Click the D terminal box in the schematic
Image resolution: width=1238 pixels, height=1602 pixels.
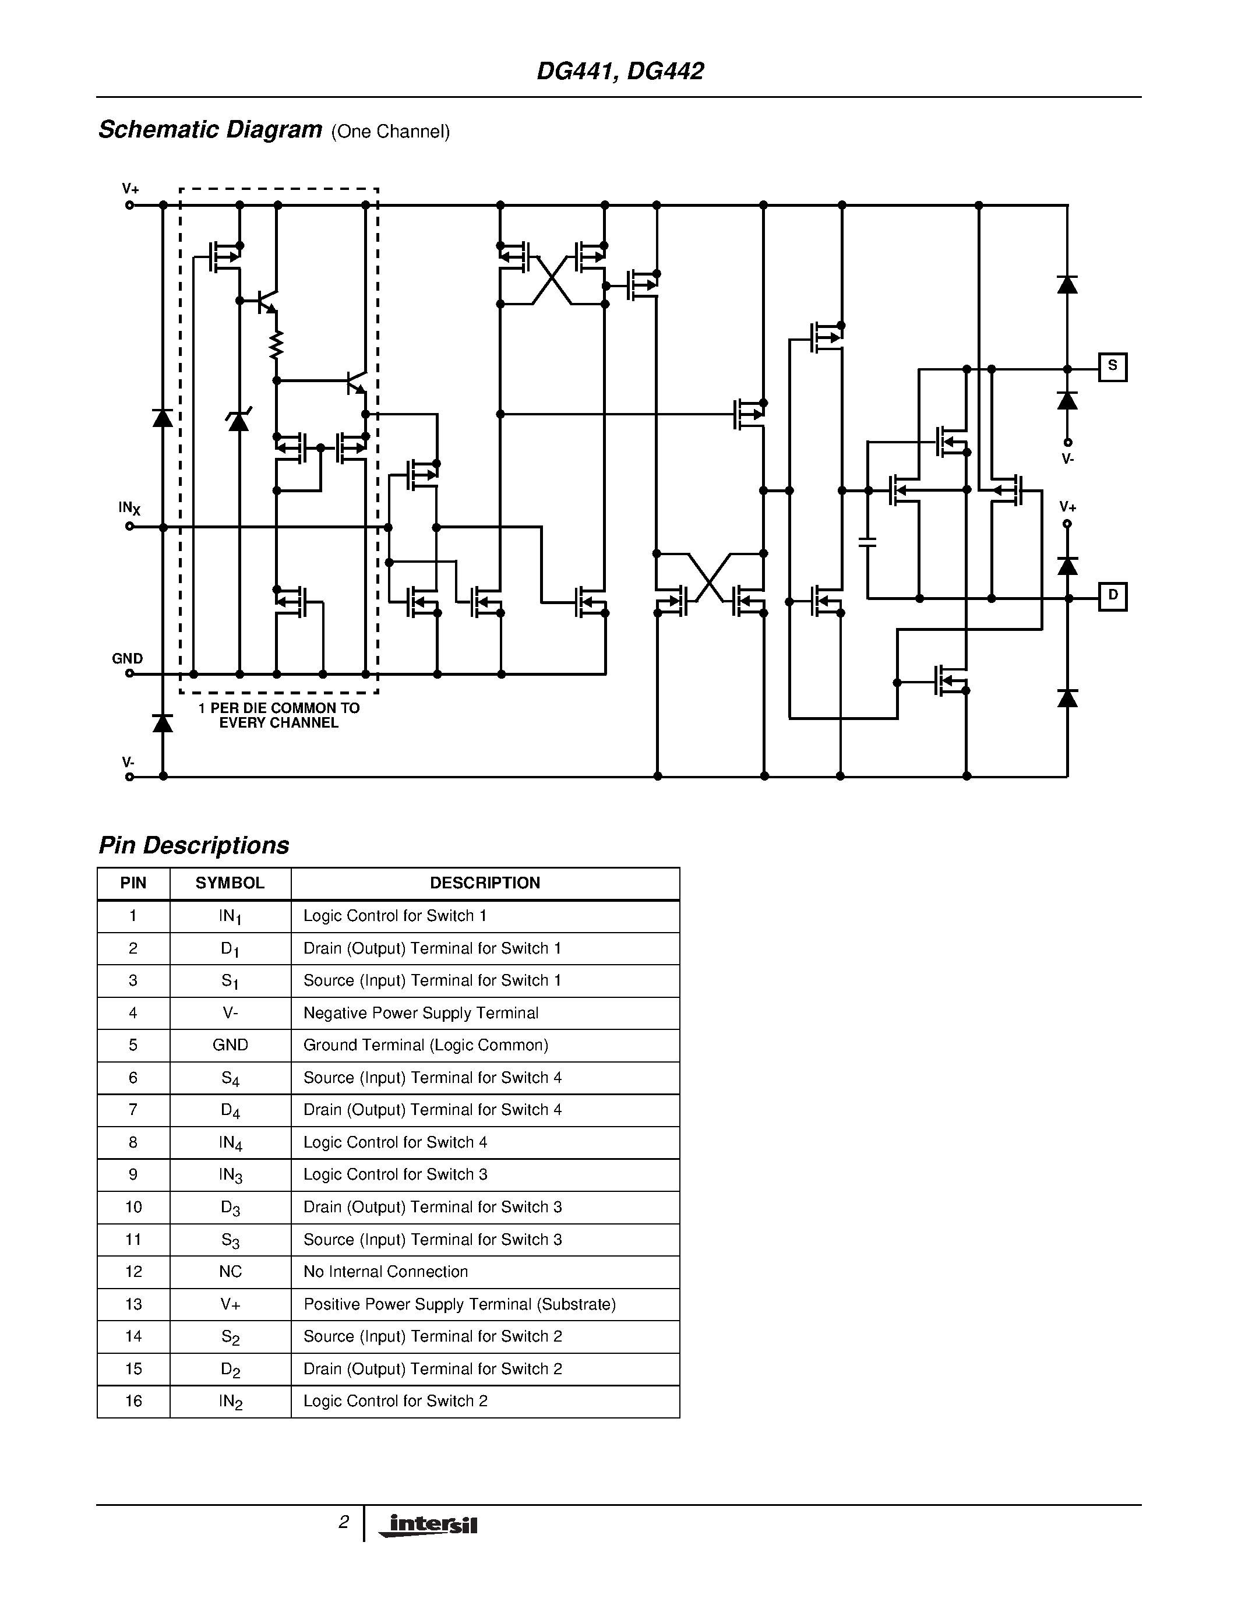[1112, 597]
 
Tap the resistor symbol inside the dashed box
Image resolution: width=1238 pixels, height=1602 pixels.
[277, 344]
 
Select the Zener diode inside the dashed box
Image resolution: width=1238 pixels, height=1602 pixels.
[238, 420]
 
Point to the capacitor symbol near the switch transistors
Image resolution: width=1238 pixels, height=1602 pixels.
[867, 542]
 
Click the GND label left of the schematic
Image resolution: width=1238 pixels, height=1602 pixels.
[127, 659]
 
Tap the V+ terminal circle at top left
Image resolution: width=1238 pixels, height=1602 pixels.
[130, 206]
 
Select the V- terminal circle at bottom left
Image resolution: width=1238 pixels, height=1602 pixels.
[130, 777]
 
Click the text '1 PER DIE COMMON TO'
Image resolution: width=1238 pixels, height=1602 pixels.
[278, 708]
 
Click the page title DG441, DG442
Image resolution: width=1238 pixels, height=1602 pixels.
[620, 71]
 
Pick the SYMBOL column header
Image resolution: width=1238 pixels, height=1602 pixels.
[230, 883]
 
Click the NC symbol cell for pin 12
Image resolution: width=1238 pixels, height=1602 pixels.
[230, 1271]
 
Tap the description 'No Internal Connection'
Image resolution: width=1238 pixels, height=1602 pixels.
[385, 1271]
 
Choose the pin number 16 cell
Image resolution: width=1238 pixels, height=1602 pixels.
[133, 1401]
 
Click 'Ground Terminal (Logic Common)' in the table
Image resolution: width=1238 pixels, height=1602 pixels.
[425, 1045]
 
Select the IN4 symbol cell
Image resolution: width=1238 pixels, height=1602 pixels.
[230, 1142]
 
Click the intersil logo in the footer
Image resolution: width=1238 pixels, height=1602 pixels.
[428, 1525]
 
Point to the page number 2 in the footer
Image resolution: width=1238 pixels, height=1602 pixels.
[343, 1522]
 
